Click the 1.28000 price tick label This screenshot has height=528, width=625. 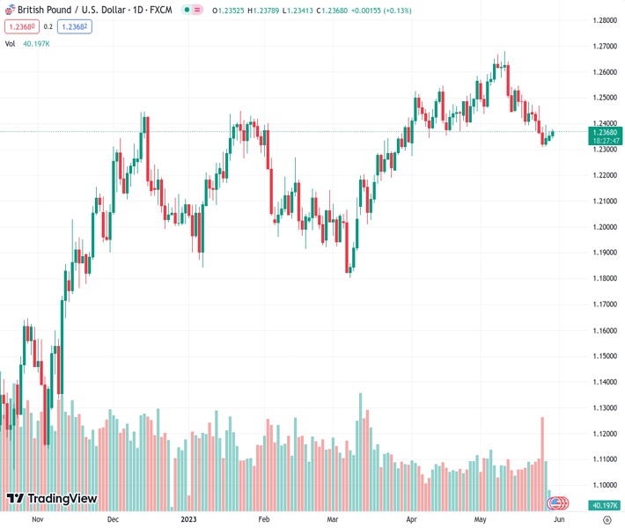coord(604,19)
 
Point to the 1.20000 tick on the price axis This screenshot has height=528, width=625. coord(604,226)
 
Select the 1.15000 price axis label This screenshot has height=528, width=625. coord(604,356)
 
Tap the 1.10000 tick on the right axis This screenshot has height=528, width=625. coord(604,485)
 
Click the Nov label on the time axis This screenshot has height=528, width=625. coord(37,519)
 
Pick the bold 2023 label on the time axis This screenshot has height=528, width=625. coord(188,519)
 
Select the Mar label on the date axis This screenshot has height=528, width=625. coord(333,519)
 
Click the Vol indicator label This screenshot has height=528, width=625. coord(10,43)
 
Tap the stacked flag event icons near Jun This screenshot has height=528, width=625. coord(555,503)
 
